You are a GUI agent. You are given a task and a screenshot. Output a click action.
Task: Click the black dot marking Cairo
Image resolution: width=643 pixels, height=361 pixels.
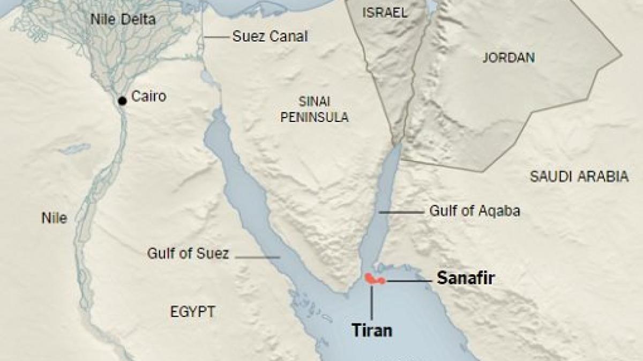pyautogui.click(x=122, y=100)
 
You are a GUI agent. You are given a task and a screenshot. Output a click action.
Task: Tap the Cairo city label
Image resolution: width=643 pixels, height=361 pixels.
pyautogui.click(x=149, y=97)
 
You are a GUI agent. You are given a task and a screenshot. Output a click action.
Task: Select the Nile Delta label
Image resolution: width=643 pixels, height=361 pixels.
pyautogui.click(x=123, y=20)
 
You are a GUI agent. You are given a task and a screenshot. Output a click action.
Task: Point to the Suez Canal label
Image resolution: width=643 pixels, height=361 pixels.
pyautogui.click(x=270, y=36)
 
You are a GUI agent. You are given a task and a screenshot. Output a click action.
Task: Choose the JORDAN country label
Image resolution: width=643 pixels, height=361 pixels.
pyautogui.click(x=509, y=58)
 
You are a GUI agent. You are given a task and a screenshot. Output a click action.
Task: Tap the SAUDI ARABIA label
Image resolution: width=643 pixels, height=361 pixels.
pyautogui.click(x=579, y=177)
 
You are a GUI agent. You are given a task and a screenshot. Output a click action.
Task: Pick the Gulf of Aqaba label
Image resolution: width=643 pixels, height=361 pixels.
pyautogui.click(x=474, y=211)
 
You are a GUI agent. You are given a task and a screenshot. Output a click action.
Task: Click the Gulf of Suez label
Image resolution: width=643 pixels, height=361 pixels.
pyautogui.click(x=188, y=254)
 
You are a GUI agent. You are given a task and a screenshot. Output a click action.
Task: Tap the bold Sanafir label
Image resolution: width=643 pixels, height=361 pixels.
pyautogui.click(x=466, y=278)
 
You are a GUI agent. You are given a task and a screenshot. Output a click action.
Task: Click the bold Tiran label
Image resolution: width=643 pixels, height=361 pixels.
pyautogui.click(x=372, y=330)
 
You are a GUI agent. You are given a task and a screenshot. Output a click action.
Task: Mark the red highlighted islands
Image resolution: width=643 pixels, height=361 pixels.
pyautogui.click(x=373, y=279)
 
